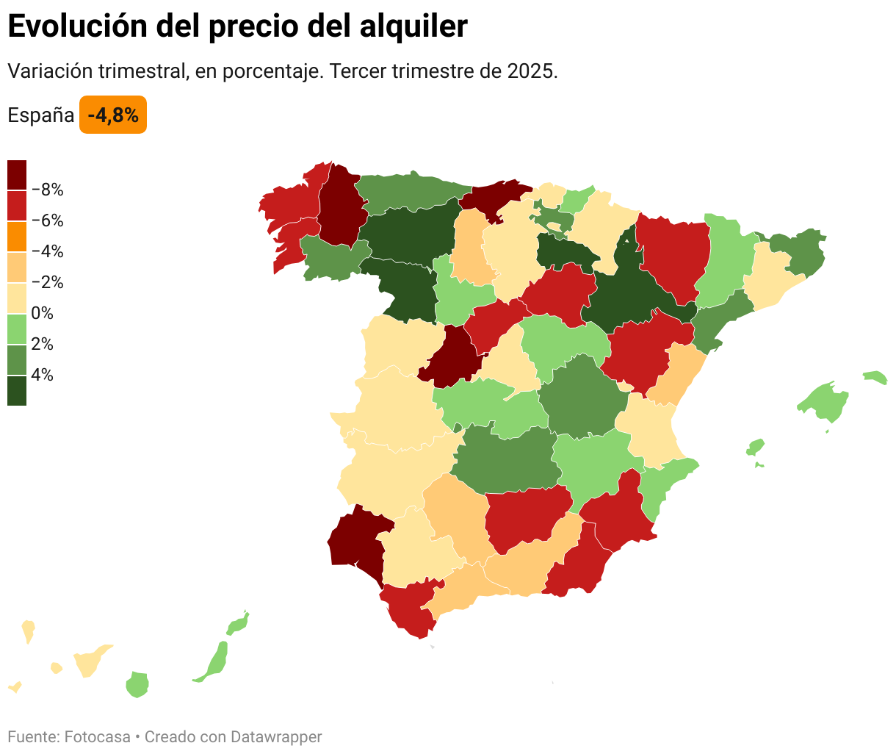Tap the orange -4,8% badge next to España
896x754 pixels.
point(113,115)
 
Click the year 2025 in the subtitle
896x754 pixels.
point(530,72)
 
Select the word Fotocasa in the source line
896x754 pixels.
point(97,736)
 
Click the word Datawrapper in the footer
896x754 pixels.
point(275,736)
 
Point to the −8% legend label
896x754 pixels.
point(48,190)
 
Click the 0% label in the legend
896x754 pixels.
point(43,314)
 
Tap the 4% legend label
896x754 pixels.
point(43,376)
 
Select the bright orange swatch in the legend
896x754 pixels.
point(17,237)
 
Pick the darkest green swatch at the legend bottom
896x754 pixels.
point(17,391)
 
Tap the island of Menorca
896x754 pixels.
point(875,377)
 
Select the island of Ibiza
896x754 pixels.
point(755,447)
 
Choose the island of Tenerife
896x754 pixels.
point(90,661)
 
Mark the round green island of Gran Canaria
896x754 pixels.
point(137,684)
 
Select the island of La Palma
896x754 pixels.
point(28,630)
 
